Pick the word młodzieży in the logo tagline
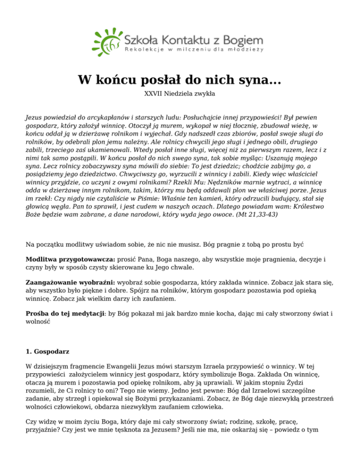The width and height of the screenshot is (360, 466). pos(246,49)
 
